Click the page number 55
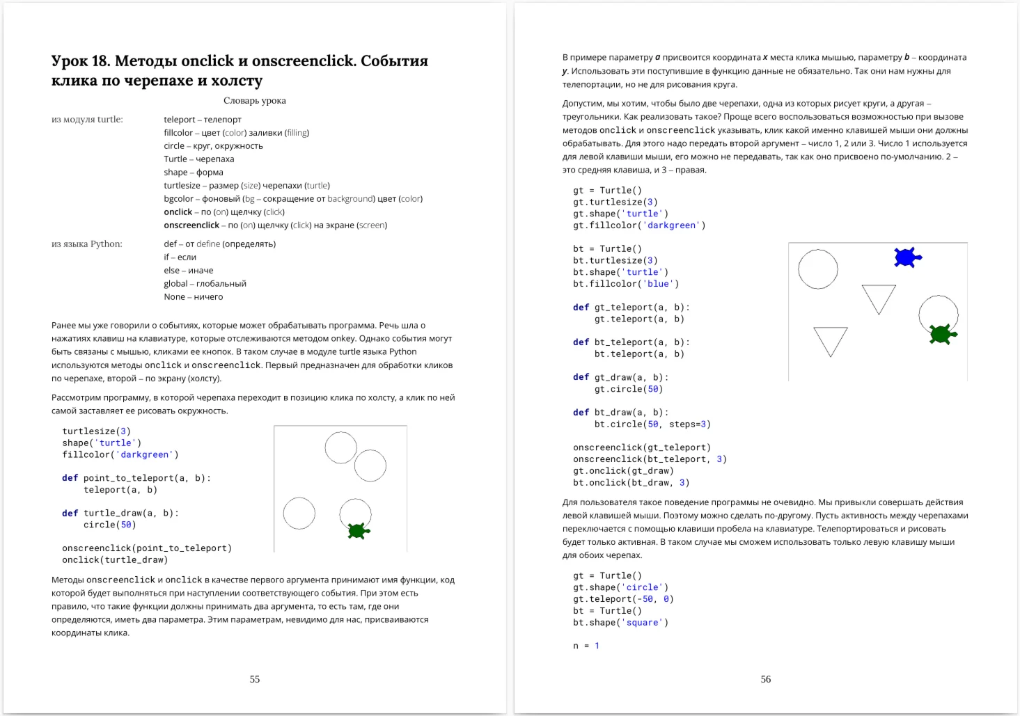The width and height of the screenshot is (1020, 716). click(255, 679)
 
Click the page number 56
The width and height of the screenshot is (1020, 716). click(765, 679)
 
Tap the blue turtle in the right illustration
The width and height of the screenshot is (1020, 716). click(907, 257)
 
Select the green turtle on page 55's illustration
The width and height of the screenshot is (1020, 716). click(358, 531)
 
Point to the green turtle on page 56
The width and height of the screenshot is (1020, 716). click(942, 335)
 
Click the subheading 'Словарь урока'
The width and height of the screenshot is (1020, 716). click(255, 100)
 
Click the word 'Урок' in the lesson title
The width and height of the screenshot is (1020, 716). click(70, 61)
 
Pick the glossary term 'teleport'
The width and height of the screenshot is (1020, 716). click(180, 120)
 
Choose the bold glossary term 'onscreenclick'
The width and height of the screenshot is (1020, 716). click(191, 225)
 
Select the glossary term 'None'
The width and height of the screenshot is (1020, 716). click(174, 297)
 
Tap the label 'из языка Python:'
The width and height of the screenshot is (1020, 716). click(87, 244)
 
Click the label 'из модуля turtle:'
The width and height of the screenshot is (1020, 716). click(87, 120)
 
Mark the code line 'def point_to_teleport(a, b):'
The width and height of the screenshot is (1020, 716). click(136, 478)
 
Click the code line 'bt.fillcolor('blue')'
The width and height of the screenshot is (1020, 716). click(626, 284)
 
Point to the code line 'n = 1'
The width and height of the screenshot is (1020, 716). click(586, 646)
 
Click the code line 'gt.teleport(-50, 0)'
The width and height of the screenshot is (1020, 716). click(623, 599)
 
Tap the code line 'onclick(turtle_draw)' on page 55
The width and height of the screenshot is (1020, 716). click(115, 560)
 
